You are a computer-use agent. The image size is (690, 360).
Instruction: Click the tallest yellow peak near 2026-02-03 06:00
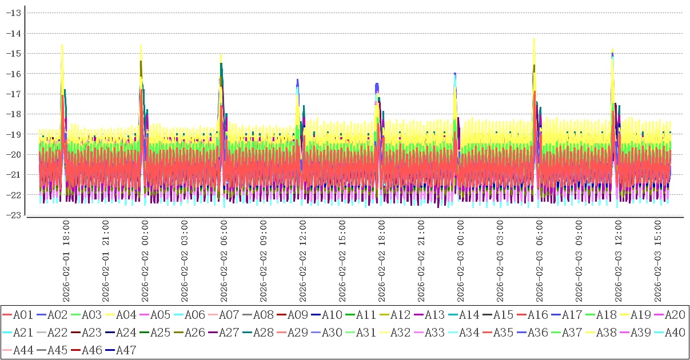pyautogui.click(x=534, y=39)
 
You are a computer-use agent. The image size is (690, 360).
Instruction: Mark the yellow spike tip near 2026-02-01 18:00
pyautogui.click(x=62, y=45)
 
